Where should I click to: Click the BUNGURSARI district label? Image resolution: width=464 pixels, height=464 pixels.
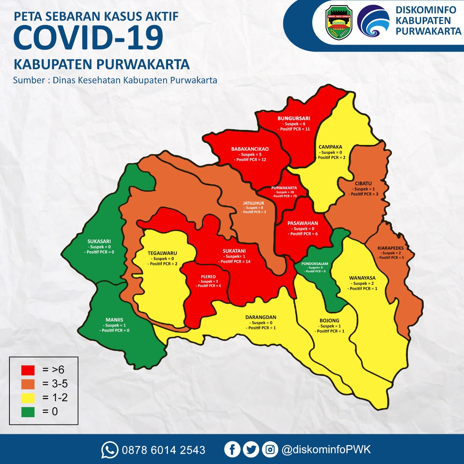pyautogui.click(x=294, y=118)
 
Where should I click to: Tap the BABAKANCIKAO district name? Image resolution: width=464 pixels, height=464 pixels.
pyautogui.click(x=250, y=149)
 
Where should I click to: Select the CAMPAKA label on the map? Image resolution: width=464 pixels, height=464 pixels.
pyautogui.click(x=330, y=147)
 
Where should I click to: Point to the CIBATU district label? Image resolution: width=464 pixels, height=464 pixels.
pyautogui.click(x=363, y=183)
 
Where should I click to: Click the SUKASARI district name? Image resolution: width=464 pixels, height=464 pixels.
pyautogui.click(x=99, y=241)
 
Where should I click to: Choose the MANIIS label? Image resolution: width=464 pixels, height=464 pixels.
pyautogui.click(x=114, y=320)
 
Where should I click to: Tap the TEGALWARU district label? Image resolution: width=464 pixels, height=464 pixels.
pyautogui.click(x=162, y=253)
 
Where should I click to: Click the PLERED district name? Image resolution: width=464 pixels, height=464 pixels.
pyautogui.click(x=208, y=277)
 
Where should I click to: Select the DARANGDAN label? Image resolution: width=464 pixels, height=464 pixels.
pyautogui.click(x=261, y=317)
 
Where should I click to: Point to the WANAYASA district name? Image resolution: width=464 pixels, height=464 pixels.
pyautogui.click(x=362, y=278)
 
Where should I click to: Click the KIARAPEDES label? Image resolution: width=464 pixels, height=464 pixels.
pyautogui.click(x=390, y=248)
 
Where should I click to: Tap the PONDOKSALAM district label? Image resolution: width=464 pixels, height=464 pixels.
pyautogui.click(x=315, y=264)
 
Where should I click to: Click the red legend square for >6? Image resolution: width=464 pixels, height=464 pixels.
pyautogui.click(x=28, y=370)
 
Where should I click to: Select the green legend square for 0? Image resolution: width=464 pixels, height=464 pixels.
pyautogui.click(x=28, y=412)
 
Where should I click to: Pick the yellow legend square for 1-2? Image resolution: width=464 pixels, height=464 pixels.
pyautogui.click(x=28, y=398)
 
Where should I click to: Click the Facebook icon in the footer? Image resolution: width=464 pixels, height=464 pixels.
pyautogui.click(x=232, y=449)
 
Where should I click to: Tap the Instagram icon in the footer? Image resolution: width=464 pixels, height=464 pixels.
pyautogui.click(x=270, y=449)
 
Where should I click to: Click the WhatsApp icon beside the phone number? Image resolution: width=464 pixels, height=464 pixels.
pyautogui.click(x=109, y=450)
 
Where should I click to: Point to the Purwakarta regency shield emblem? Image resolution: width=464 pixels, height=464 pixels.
pyautogui.click(x=339, y=22)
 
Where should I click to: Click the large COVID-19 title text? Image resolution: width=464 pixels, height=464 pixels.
pyautogui.click(x=89, y=38)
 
